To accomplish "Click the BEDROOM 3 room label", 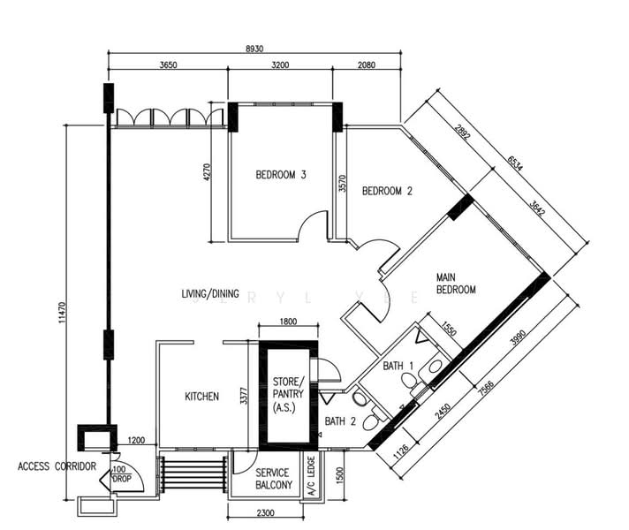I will click(x=280, y=175).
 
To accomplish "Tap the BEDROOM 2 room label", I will click(x=388, y=191).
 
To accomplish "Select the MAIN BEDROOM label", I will click(x=456, y=284).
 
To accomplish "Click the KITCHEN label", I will click(x=201, y=397).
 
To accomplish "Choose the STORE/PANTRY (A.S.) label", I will click(x=284, y=395).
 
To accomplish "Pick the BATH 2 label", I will click(x=339, y=421).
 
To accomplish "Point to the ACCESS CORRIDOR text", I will click(x=56, y=466).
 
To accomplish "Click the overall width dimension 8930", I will click(x=255, y=48).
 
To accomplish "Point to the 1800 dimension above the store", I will click(x=286, y=322).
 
